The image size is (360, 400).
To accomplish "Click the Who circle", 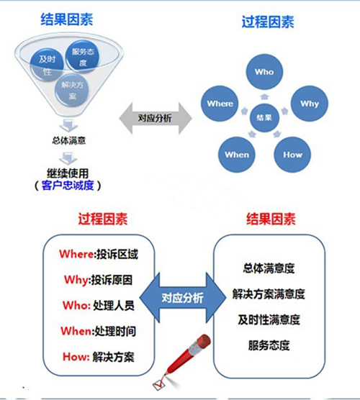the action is [264, 72].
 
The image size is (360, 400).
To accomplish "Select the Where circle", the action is [220, 104].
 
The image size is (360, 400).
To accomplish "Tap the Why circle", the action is [310, 104].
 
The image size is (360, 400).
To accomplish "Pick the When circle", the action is [237, 155].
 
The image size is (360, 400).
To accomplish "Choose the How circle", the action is [292, 155].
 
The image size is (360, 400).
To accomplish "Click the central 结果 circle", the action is [264, 117].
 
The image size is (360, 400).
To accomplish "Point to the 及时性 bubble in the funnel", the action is [47, 65].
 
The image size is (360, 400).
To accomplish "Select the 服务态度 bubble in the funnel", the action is [82, 57].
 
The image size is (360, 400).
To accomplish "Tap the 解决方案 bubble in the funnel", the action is [72, 90].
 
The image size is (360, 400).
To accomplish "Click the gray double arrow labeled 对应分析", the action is [156, 119].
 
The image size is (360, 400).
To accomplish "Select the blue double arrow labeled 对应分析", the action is [183, 298].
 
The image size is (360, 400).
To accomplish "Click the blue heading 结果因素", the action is [67, 19].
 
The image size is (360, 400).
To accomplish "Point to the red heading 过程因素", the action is [103, 219].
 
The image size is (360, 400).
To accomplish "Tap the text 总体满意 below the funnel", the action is [68, 140].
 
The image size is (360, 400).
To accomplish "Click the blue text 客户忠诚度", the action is [68, 185].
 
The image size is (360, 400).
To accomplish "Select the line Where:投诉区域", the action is [99, 255].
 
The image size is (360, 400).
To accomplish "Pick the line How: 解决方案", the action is [99, 357].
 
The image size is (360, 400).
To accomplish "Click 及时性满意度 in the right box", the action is [269, 319].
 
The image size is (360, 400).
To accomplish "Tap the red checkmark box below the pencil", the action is [159, 384].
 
